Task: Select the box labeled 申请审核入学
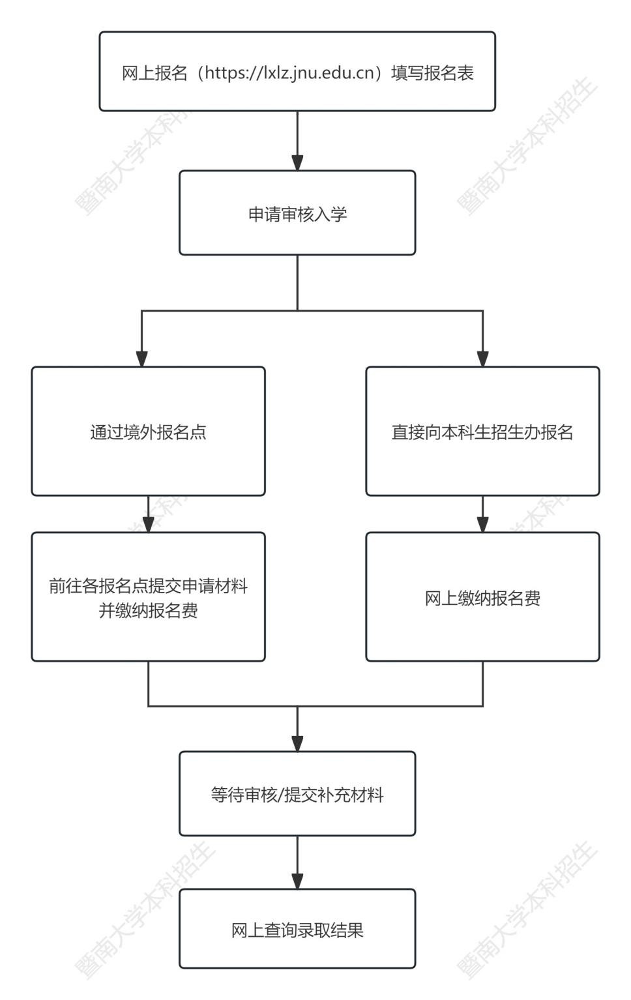click(x=297, y=213)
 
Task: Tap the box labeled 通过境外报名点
click(x=148, y=432)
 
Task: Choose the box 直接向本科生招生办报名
click(x=482, y=432)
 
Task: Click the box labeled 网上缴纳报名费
click(x=482, y=597)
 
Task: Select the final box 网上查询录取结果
click(x=297, y=929)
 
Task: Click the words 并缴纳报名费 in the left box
click(x=148, y=610)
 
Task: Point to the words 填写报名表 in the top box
click(x=432, y=73)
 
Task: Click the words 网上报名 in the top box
click(x=154, y=73)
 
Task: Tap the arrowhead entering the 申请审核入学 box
click(x=297, y=163)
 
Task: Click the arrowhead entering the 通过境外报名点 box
click(x=141, y=359)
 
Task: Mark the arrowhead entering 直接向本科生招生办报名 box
click(x=482, y=359)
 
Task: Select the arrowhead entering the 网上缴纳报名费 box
click(x=482, y=525)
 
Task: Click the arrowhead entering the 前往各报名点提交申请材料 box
click(x=148, y=525)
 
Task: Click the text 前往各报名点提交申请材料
click(x=148, y=585)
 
